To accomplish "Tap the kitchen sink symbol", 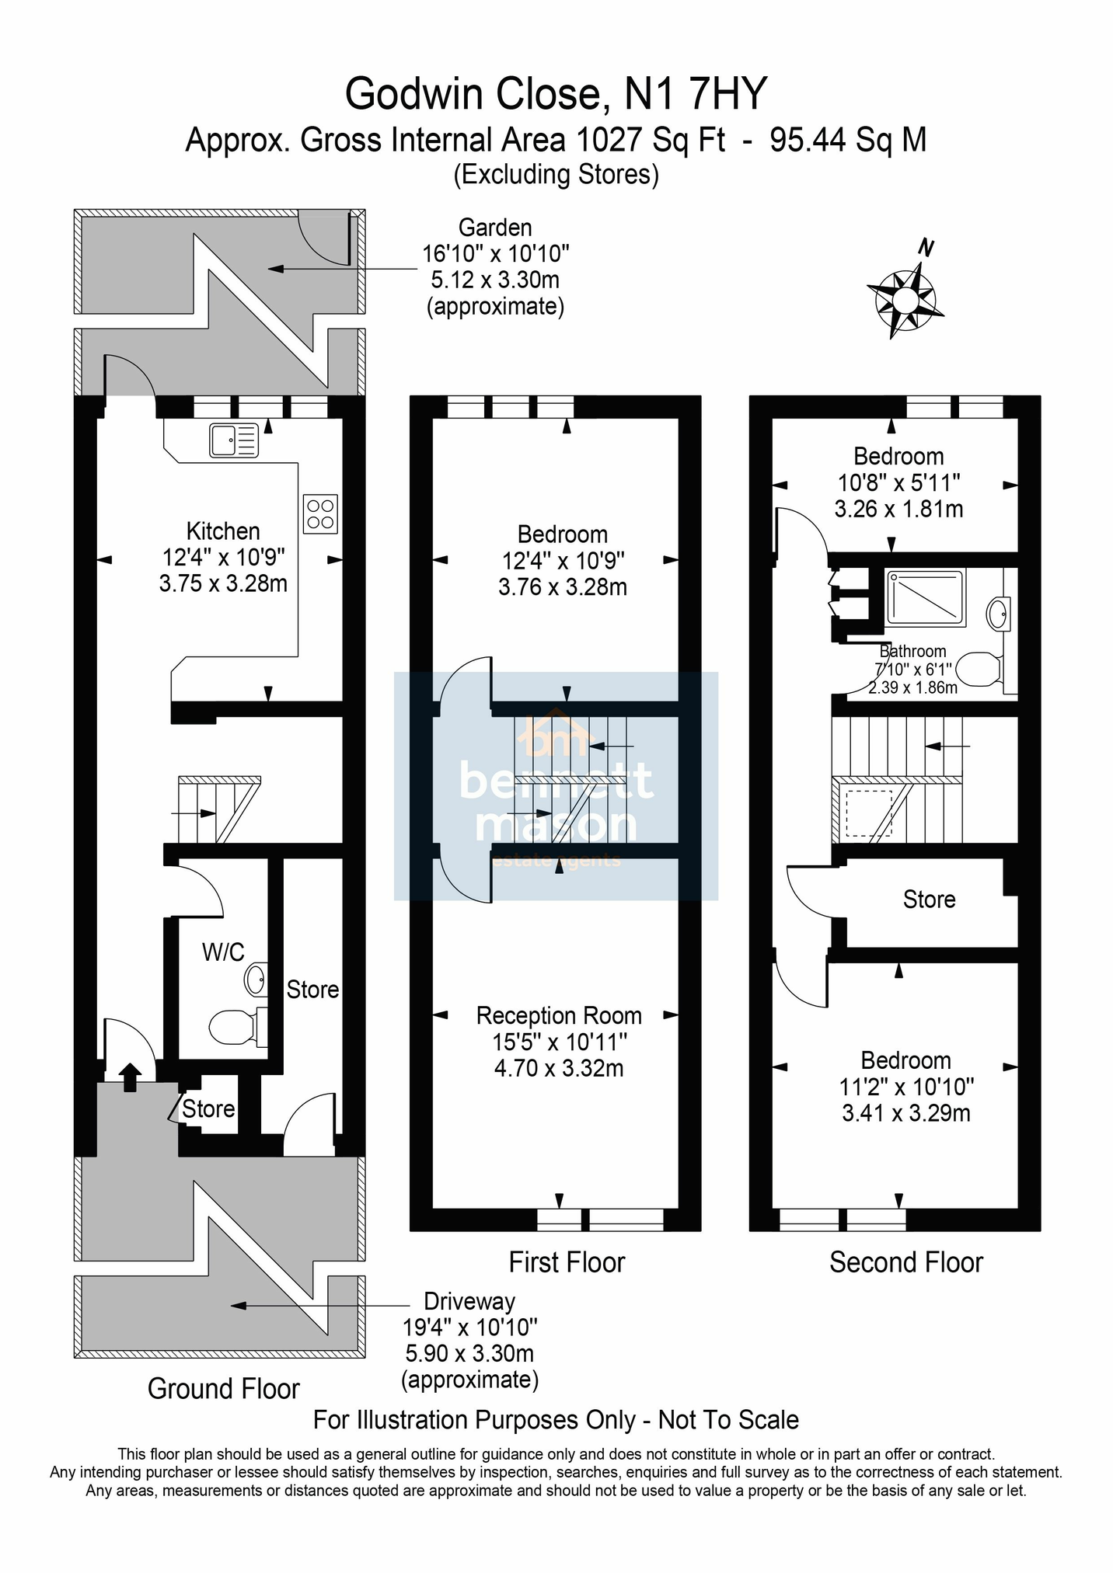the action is click(233, 440).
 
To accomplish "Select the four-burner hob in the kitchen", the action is click(320, 514).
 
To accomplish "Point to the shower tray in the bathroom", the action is click(926, 598).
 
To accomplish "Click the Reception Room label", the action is click(559, 1015).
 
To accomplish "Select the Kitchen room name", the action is click(223, 531).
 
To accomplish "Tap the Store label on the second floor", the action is click(929, 900).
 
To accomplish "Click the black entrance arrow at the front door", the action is click(129, 1077).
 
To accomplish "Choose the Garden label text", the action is click(495, 228).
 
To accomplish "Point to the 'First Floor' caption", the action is click(567, 1262).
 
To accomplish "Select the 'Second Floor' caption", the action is click(905, 1262).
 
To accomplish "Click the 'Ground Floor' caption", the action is click(224, 1388).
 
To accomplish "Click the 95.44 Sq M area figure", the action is click(848, 141).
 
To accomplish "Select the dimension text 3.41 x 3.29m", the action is click(906, 1113).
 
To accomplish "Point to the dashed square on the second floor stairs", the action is click(870, 813).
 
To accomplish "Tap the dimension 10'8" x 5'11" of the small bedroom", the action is click(898, 482).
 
